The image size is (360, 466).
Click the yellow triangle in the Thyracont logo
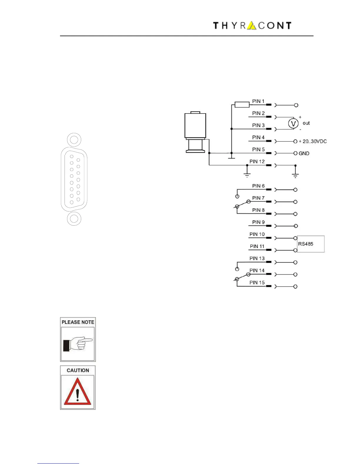[x=251, y=26]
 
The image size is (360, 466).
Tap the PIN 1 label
[x=258, y=101]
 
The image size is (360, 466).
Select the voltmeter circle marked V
[x=293, y=124]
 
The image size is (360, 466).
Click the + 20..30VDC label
[x=312, y=142]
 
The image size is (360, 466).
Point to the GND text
[x=304, y=154]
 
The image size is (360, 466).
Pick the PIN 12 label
[x=257, y=162]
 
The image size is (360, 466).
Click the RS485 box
[x=311, y=244]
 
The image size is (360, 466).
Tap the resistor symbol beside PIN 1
[x=242, y=105]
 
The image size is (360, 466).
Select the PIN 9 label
[x=258, y=222]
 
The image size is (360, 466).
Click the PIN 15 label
[x=257, y=282]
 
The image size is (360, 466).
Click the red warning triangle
[x=77, y=392]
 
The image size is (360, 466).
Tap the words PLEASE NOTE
[x=78, y=322]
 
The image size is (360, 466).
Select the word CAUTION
[x=78, y=370]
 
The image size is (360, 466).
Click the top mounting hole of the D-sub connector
[x=74, y=139]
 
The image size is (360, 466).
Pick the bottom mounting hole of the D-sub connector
[x=74, y=219]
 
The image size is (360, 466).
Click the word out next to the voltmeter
[x=306, y=123]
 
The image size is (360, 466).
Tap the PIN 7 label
[x=258, y=198]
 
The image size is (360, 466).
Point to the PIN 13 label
[x=257, y=258]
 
